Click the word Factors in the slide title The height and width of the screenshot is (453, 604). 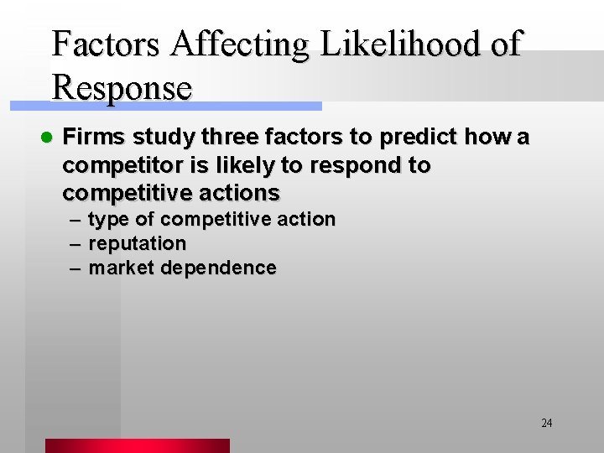105,43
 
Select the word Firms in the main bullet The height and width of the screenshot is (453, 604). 91,137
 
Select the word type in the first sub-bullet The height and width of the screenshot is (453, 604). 109,220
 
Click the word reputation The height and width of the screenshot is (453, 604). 137,244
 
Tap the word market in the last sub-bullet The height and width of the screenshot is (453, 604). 121,268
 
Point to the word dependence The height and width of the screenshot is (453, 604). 218,268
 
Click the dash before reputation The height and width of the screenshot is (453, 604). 75,244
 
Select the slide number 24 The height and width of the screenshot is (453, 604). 546,423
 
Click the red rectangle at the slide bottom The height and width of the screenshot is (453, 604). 137,445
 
